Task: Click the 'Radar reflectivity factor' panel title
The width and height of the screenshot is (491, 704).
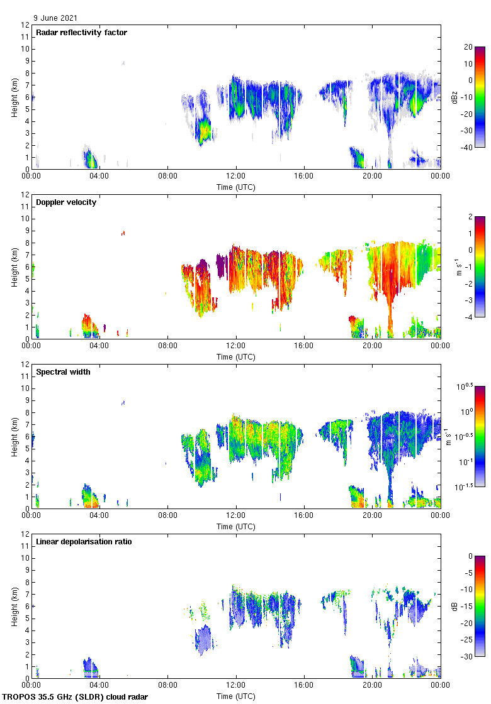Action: [x=82, y=32]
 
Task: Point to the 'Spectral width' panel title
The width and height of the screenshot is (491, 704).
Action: [x=63, y=371]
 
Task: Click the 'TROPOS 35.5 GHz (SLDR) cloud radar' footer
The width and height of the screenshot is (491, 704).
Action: [x=76, y=696]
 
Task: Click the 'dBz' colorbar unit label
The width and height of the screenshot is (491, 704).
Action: [x=454, y=97]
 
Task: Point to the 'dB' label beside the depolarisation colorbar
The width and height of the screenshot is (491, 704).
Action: [x=454, y=606]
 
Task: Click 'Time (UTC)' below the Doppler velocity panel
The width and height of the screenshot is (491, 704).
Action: [x=236, y=356]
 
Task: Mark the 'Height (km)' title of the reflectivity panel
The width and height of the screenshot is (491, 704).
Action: [x=14, y=97]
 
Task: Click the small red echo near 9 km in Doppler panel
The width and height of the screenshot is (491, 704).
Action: [x=123, y=233]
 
